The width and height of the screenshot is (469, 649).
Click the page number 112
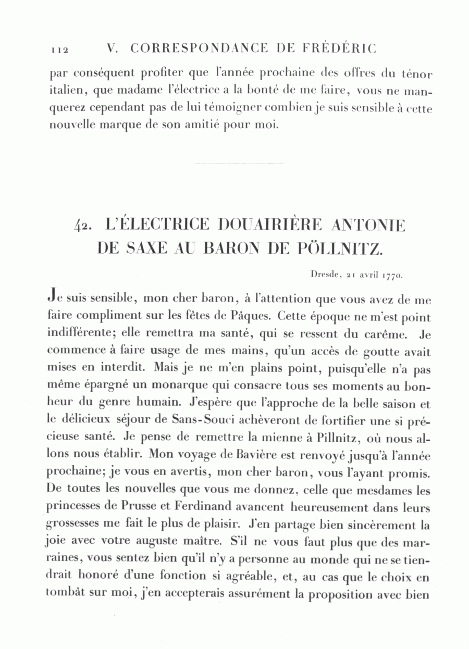tap(60, 49)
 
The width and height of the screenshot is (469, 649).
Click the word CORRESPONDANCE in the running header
tap(200, 48)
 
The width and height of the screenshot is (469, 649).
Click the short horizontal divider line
tap(239, 164)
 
